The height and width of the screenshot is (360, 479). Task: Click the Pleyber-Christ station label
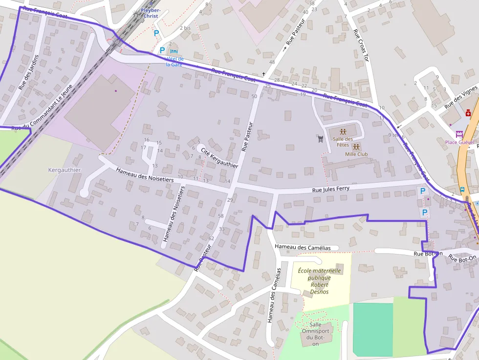[150, 13]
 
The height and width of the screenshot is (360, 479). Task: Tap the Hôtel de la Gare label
[174, 61]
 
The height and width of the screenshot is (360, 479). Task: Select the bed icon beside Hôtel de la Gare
[174, 51]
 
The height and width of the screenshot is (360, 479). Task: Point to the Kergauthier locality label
[65, 170]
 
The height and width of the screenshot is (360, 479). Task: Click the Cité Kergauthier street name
[219, 158]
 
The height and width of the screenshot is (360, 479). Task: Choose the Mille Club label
[356, 154]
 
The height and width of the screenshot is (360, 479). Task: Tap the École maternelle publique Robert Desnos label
[320, 281]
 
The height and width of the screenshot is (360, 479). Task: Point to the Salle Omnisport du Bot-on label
[315, 334]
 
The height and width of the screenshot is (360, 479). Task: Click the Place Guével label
[459, 142]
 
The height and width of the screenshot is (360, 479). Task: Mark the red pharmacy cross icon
[468, 113]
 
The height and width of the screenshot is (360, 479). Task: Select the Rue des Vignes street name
[460, 97]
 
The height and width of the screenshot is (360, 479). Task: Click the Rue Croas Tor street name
[360, 45]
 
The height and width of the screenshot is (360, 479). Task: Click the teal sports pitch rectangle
[373, 329]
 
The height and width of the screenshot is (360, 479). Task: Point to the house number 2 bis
[185, 28]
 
